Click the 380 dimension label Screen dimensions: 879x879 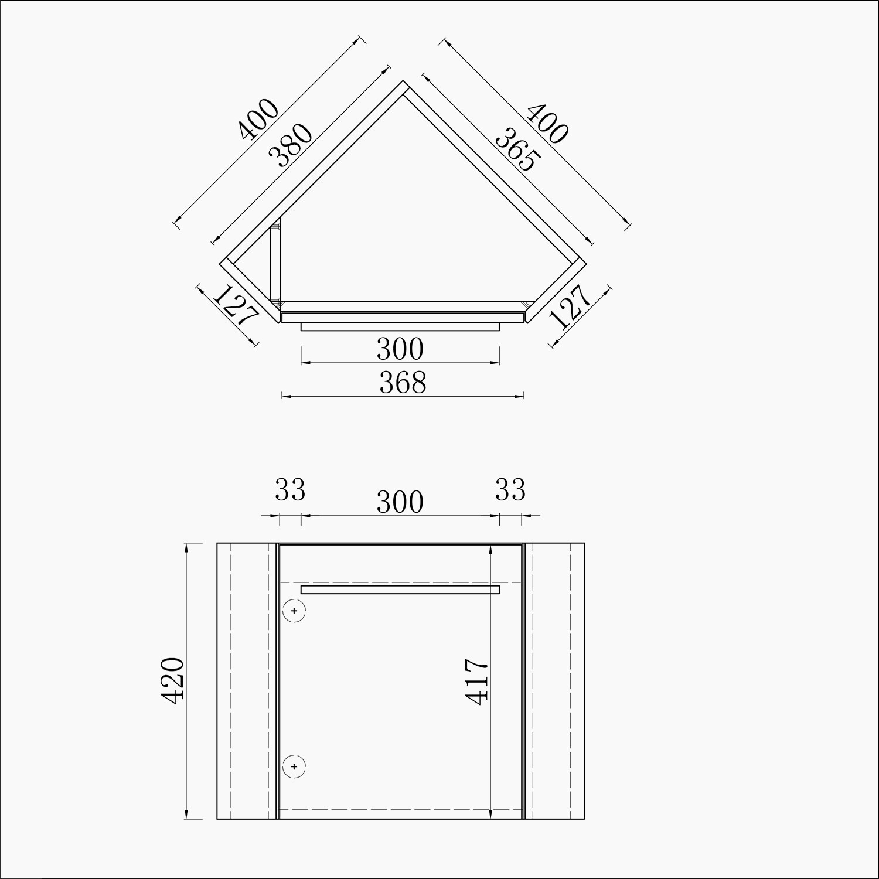pos(290,146)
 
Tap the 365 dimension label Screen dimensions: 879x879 pos(515,151)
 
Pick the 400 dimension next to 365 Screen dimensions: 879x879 pos(547,124)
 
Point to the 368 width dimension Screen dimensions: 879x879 pos(403,383)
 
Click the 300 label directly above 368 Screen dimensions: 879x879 pos(400,349)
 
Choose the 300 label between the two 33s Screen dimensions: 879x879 pos(400,502)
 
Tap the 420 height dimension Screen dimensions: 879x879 pos(173,679)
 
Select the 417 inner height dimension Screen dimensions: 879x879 pos(476,682)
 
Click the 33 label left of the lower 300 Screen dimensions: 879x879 pos(290,490)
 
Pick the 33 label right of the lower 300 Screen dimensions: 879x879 pos(510,490)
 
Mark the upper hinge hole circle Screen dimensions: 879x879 pos(294,611)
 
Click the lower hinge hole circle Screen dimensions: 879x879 pos(294,766)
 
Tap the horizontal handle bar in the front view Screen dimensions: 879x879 pos(400,590)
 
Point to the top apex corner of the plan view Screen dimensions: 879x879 pos(403,84)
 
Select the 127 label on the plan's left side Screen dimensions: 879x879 pos(235,305)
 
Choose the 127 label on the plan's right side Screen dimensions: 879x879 pos(570,306)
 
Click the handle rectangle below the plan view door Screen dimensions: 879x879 pos(400,327)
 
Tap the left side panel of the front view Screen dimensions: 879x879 pos(247,681)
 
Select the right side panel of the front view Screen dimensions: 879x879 pos(554,681)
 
